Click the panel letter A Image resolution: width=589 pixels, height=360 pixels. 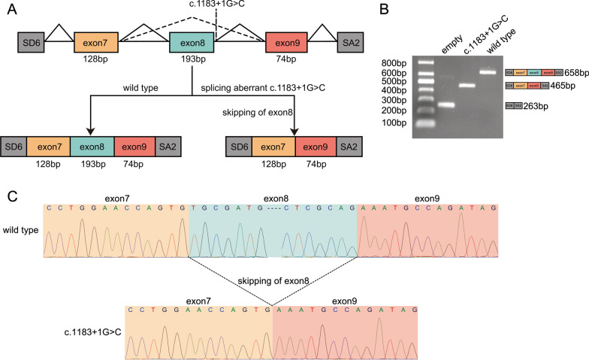(10, 10)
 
